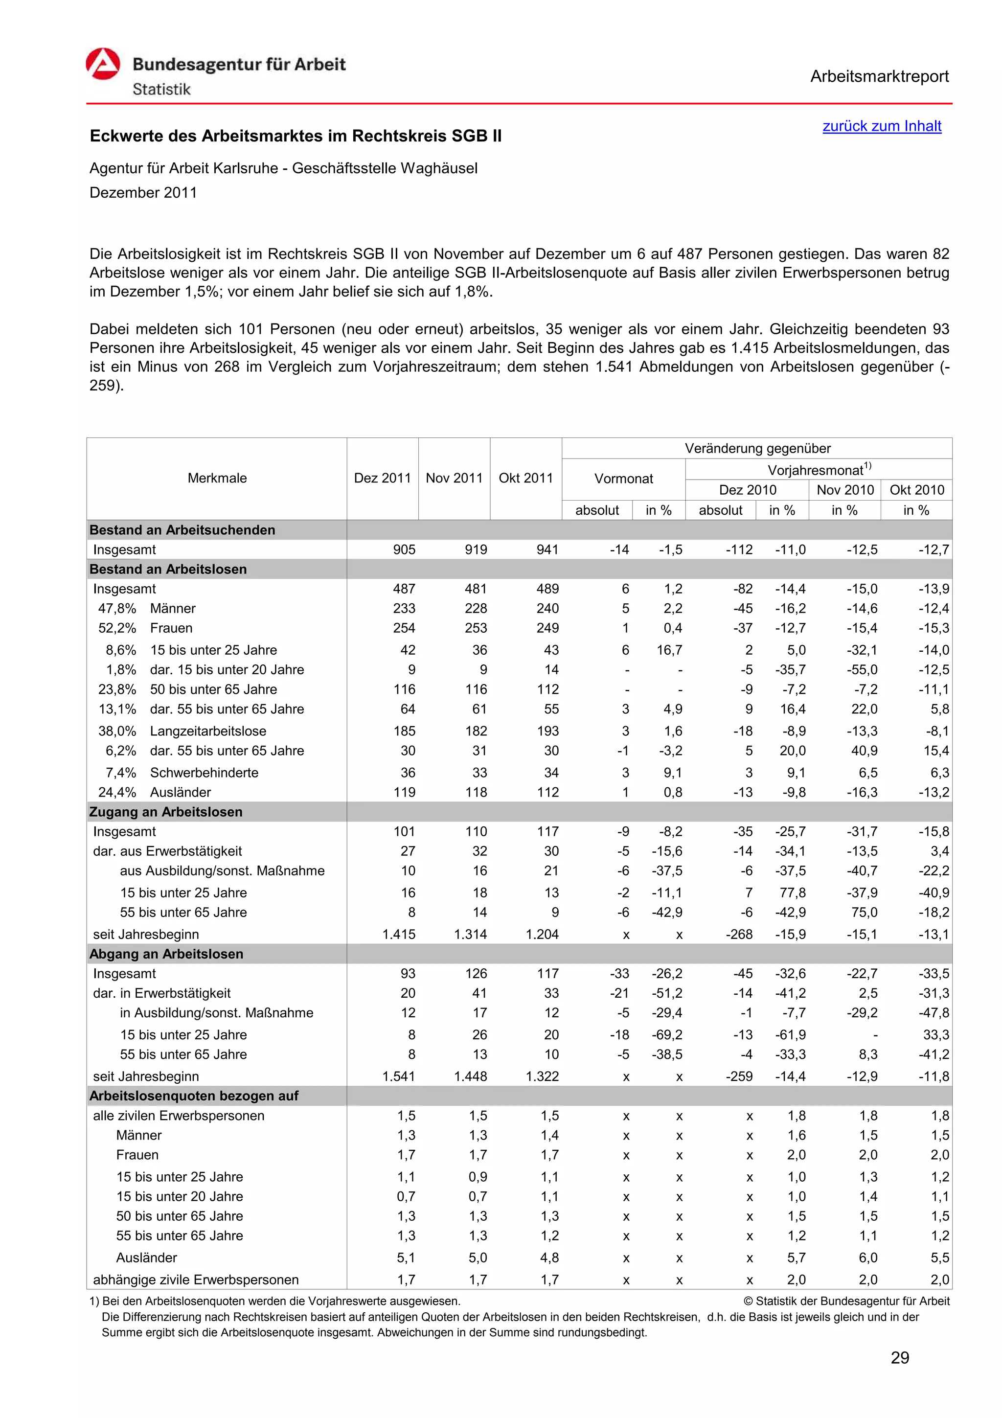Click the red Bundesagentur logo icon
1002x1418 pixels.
[x=103, y=64]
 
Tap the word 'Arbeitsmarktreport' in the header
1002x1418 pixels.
[x=879, y=77]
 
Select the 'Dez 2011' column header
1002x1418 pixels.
[x=382, y=478]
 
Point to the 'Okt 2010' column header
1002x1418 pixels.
[x=916, y=490]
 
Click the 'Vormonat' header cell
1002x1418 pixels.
[x=623, y=479]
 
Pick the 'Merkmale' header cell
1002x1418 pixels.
[x=217, y=478]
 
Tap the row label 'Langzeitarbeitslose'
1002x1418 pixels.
[x=208, y=731]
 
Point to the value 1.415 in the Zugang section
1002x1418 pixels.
[x=398, y=935]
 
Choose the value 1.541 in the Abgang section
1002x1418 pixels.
[x=398, y=1076]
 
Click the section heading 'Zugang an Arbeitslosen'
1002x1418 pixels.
[x=165, y=812]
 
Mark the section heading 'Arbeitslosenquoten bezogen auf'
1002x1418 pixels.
[x=193, y=1096]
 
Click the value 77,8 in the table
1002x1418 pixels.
[x=792, y=892]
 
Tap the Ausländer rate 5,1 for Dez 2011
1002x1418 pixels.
[x=406, y=1258]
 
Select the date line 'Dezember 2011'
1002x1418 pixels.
[x=143, y=193]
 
